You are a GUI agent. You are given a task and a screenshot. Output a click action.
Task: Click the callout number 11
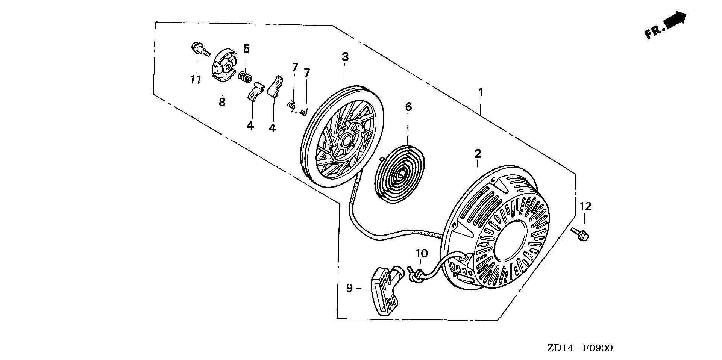(x=195, y=79)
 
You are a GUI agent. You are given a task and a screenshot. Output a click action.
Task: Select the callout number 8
(x=222, y=102)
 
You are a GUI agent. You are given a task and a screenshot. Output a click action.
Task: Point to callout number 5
(x=246, y=48)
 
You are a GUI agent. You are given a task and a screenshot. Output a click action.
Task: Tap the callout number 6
(x=408, y=107)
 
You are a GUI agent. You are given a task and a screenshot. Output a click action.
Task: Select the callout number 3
(x=345, y=57)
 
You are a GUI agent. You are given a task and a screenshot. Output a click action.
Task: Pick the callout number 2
(x=478, y=153)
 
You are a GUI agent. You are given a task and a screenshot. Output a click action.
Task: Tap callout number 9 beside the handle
(x=349, y=289)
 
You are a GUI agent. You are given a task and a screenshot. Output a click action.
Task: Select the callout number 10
(x=422, y=254)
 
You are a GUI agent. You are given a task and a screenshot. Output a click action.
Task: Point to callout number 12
(x=585, y=206)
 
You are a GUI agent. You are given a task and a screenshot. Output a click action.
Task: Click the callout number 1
(x=481, y=92)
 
